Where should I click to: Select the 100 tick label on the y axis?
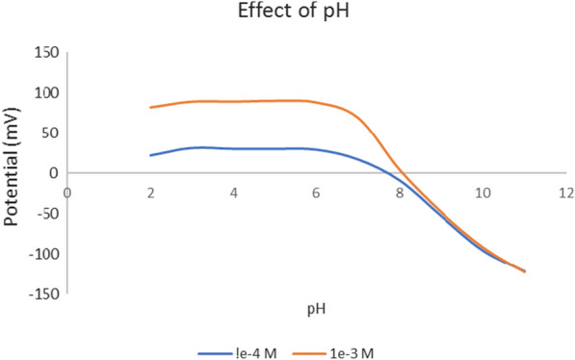coord(45,93)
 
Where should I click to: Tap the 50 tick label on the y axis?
coord(49,133)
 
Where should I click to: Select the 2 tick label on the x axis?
coord(150,192)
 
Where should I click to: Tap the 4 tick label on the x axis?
coord(234,192)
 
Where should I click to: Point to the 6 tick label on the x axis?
coord(317,192)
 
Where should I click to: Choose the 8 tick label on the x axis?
coord(401,192)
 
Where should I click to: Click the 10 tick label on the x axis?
coord(484,192)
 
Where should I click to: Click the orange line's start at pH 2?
coord(151,107)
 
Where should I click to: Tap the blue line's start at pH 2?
coord(151,155)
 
